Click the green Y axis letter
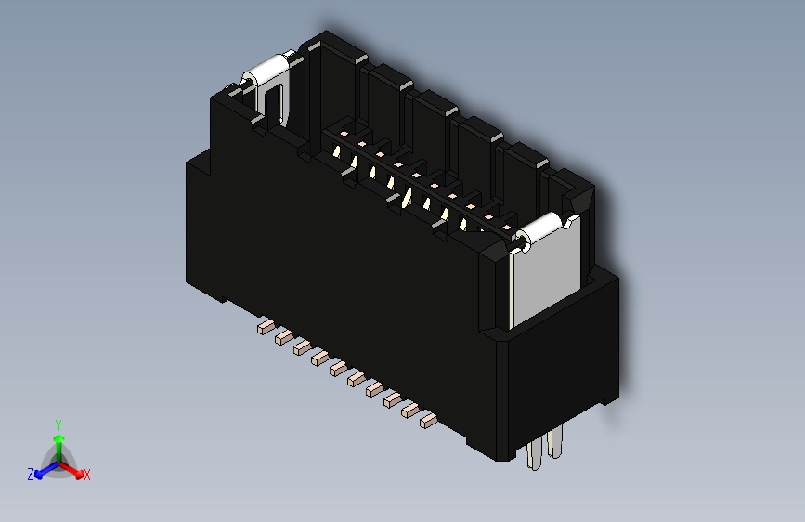click(x=58, y=424)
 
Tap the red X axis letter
click(x=87, y=475)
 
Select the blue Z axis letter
click(x=31, y=474)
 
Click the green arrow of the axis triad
click(x=58, y=440)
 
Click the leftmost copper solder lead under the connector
click(x=265, y=326)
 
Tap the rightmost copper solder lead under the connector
click(x=427, y=421)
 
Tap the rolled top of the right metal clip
click(x=541, y=228)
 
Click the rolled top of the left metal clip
click(x=267, y=71)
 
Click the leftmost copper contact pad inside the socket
click(x=344, y=135)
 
